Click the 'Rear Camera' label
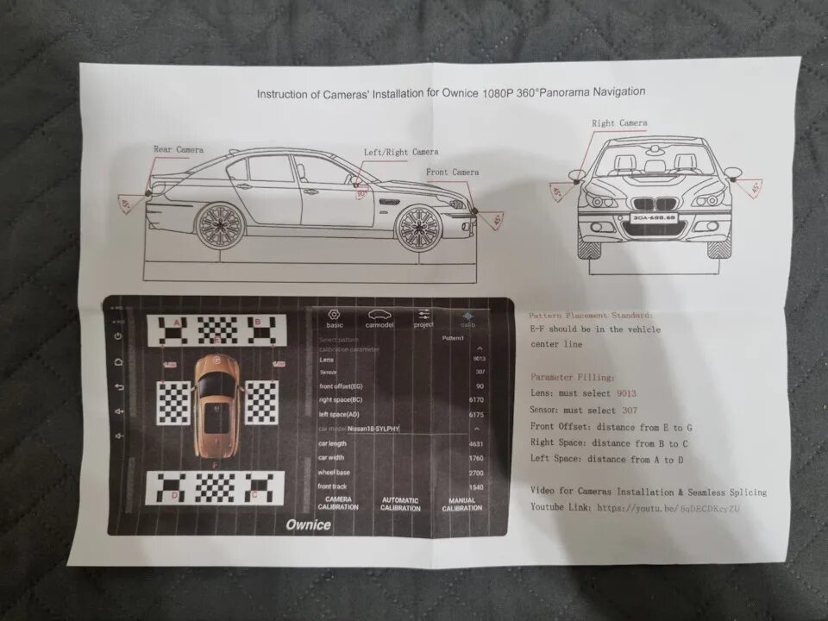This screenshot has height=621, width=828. [x=179, y=150]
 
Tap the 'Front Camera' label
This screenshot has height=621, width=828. [x=452, y=172]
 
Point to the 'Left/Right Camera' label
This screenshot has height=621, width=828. [x=400, y=152]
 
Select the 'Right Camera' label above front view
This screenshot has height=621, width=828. [x=619, y=123]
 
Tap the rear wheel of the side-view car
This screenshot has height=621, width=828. [x=219, y=226]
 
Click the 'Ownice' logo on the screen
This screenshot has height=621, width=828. [x=308, y=524]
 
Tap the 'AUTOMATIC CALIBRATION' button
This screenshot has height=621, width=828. [x=400, y=505]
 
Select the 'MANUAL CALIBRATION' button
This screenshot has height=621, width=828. [x=461, y=505]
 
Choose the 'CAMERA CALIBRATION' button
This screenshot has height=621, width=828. [x=337, y=504]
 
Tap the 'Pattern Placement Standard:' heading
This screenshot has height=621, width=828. [x=591, y=316]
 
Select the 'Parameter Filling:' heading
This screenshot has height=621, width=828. [x=572, y=377]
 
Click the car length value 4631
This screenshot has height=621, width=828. [x=476, y=444]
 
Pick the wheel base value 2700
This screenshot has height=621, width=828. [x=476, y=473]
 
